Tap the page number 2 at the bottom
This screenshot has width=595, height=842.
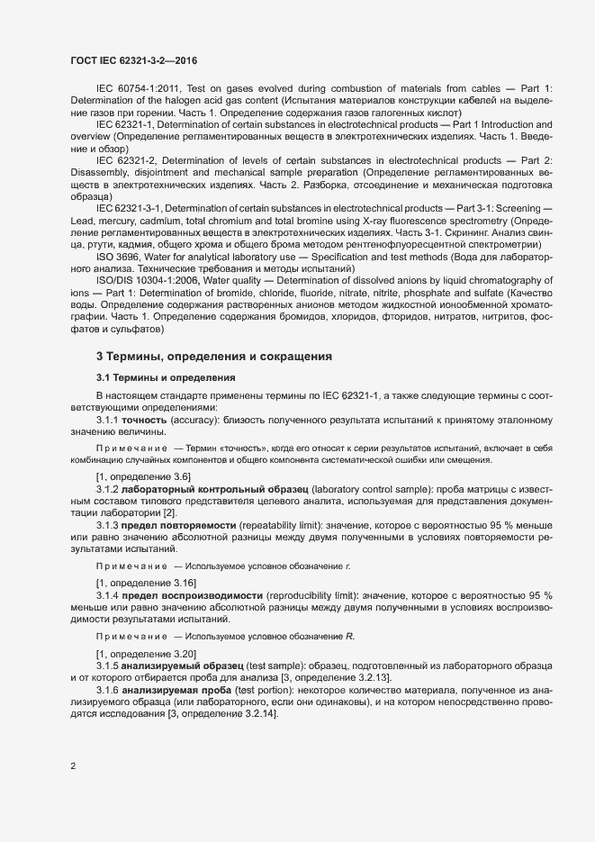pos(73,766)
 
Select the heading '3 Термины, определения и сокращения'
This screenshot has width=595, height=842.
pos(214,358)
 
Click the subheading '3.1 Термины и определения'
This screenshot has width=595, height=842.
pos(166,377)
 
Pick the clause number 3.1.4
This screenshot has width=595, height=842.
pos(108,596)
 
